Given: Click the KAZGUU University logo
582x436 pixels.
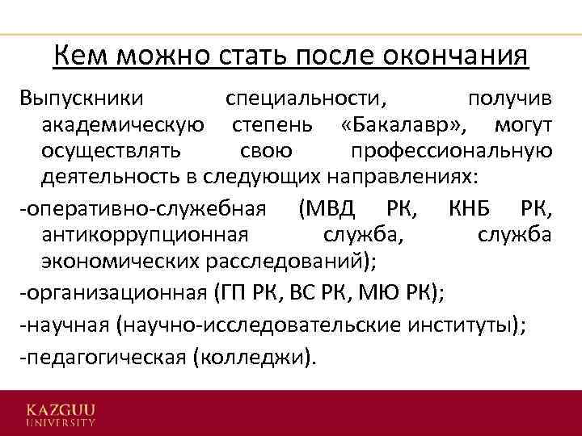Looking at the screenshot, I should click(x=61, y=414).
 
